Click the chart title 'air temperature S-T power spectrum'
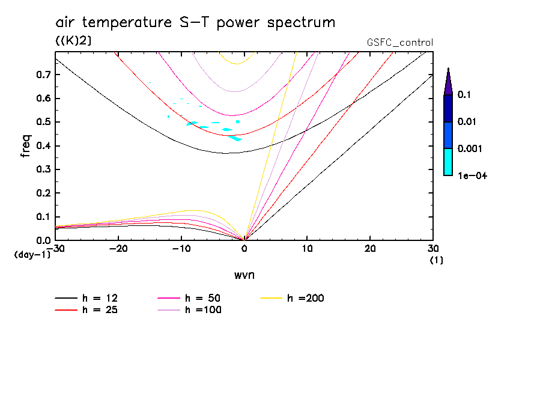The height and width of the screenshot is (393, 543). point(195,23)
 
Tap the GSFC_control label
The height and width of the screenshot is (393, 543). point(399,43)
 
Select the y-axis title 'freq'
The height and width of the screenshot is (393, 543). point(26,146)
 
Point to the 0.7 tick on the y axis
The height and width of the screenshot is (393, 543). point(44,75)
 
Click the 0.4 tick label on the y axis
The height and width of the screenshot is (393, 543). point(44,146)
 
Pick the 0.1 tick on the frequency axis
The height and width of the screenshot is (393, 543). point(44,217)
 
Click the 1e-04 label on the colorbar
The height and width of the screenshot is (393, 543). point(472,175)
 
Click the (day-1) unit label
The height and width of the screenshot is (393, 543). point(32,255)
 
